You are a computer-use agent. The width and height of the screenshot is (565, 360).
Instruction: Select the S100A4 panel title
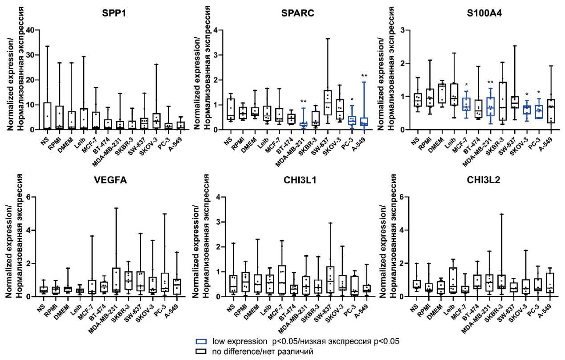point(483,12)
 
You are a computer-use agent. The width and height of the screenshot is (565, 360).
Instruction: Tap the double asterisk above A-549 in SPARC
point(364,76)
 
